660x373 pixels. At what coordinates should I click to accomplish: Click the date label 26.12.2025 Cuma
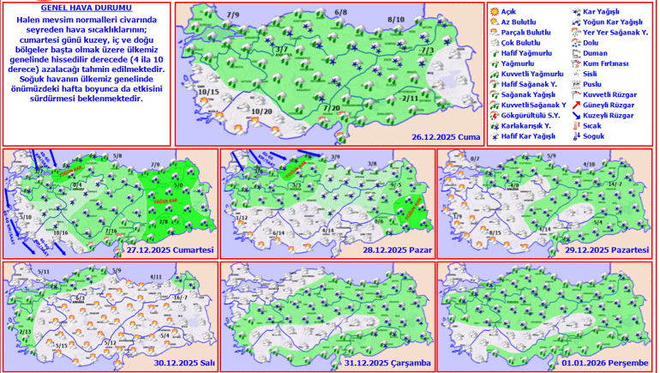(443, 136)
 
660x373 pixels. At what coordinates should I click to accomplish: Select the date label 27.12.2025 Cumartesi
(169, 250)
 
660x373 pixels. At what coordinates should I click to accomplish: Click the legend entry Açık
(507, 11)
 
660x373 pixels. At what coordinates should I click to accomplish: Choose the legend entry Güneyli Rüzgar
(608, 104)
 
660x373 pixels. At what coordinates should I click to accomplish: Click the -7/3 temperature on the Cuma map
(427, 51)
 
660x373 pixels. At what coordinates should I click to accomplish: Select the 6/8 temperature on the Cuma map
(340, 13)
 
